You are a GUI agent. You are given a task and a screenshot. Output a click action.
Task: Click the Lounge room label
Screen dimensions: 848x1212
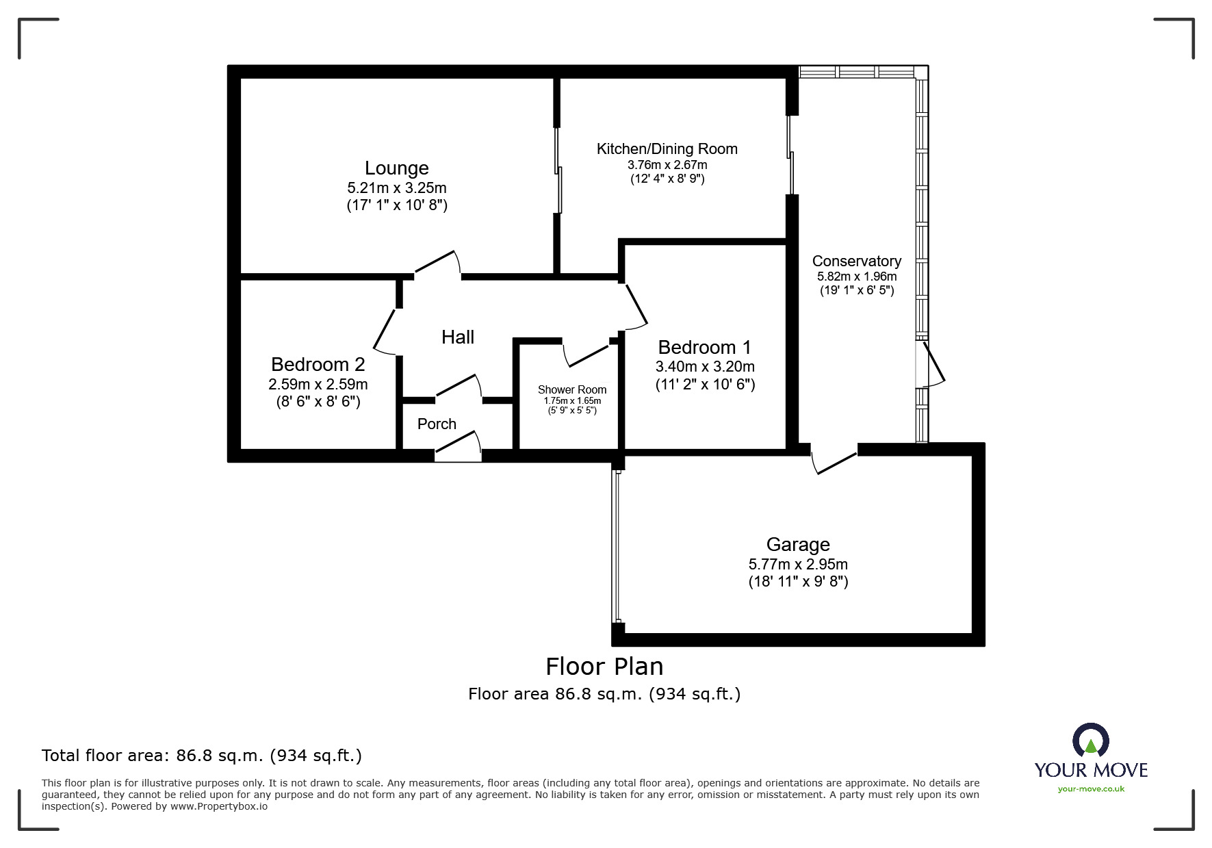[396, 168]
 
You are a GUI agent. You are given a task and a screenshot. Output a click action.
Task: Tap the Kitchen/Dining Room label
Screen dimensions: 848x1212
[667, 149]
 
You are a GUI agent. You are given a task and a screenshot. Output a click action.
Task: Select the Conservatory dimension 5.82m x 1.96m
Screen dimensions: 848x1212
[856, 277]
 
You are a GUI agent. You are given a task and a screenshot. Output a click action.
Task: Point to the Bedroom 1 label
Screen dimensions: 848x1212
[704, 347]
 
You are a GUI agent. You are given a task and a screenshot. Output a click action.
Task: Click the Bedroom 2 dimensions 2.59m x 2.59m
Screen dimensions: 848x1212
[318, 384]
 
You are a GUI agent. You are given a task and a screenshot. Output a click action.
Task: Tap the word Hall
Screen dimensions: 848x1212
[457, 337]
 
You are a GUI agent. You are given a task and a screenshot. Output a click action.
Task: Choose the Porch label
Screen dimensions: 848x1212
[437, 424]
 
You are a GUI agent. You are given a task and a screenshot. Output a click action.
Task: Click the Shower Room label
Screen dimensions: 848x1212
[572, 389]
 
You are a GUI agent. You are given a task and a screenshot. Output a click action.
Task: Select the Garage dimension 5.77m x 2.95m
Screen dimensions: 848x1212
[797, 564]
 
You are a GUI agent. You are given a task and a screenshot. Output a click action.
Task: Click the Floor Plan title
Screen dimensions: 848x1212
[604, 666]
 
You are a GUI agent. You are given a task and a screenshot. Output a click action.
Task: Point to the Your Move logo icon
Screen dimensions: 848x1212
[1090, 742]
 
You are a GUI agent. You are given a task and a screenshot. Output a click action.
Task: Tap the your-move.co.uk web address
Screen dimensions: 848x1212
[1091, 789]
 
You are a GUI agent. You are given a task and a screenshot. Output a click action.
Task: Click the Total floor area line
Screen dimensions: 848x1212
[202, 756]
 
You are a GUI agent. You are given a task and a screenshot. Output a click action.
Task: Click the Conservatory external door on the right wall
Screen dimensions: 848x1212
[933, 363]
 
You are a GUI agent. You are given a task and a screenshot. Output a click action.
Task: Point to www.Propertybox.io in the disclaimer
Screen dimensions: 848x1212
[219, 806]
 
